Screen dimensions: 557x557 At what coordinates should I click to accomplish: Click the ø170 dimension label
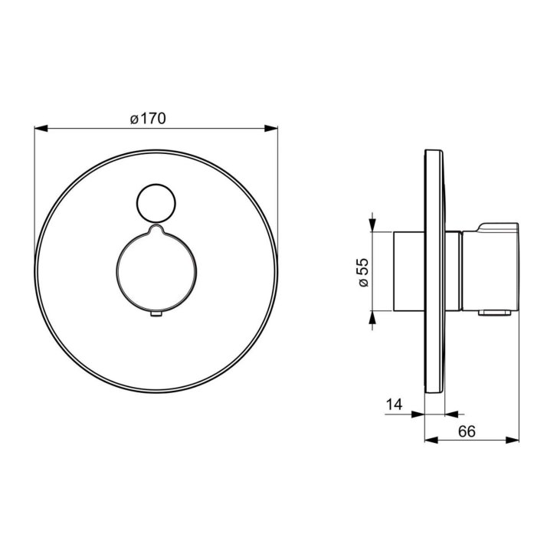tap(148, 119)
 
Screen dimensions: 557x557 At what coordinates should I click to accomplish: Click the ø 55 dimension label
tap(364, 273)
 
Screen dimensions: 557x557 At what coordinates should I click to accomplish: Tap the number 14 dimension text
tap(395, 405)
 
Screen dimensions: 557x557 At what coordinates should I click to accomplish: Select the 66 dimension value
tap(467, 431)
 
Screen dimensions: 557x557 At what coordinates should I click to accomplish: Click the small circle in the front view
tap(156, 204)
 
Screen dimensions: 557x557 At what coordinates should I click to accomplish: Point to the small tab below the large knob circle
tap(156, 313)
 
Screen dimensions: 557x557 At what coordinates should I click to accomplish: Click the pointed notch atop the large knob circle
tap(156, 229)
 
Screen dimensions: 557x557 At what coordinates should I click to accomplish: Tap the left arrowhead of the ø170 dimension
tap(41, 129)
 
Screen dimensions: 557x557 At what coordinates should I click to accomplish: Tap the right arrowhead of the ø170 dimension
tap(271, 129)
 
